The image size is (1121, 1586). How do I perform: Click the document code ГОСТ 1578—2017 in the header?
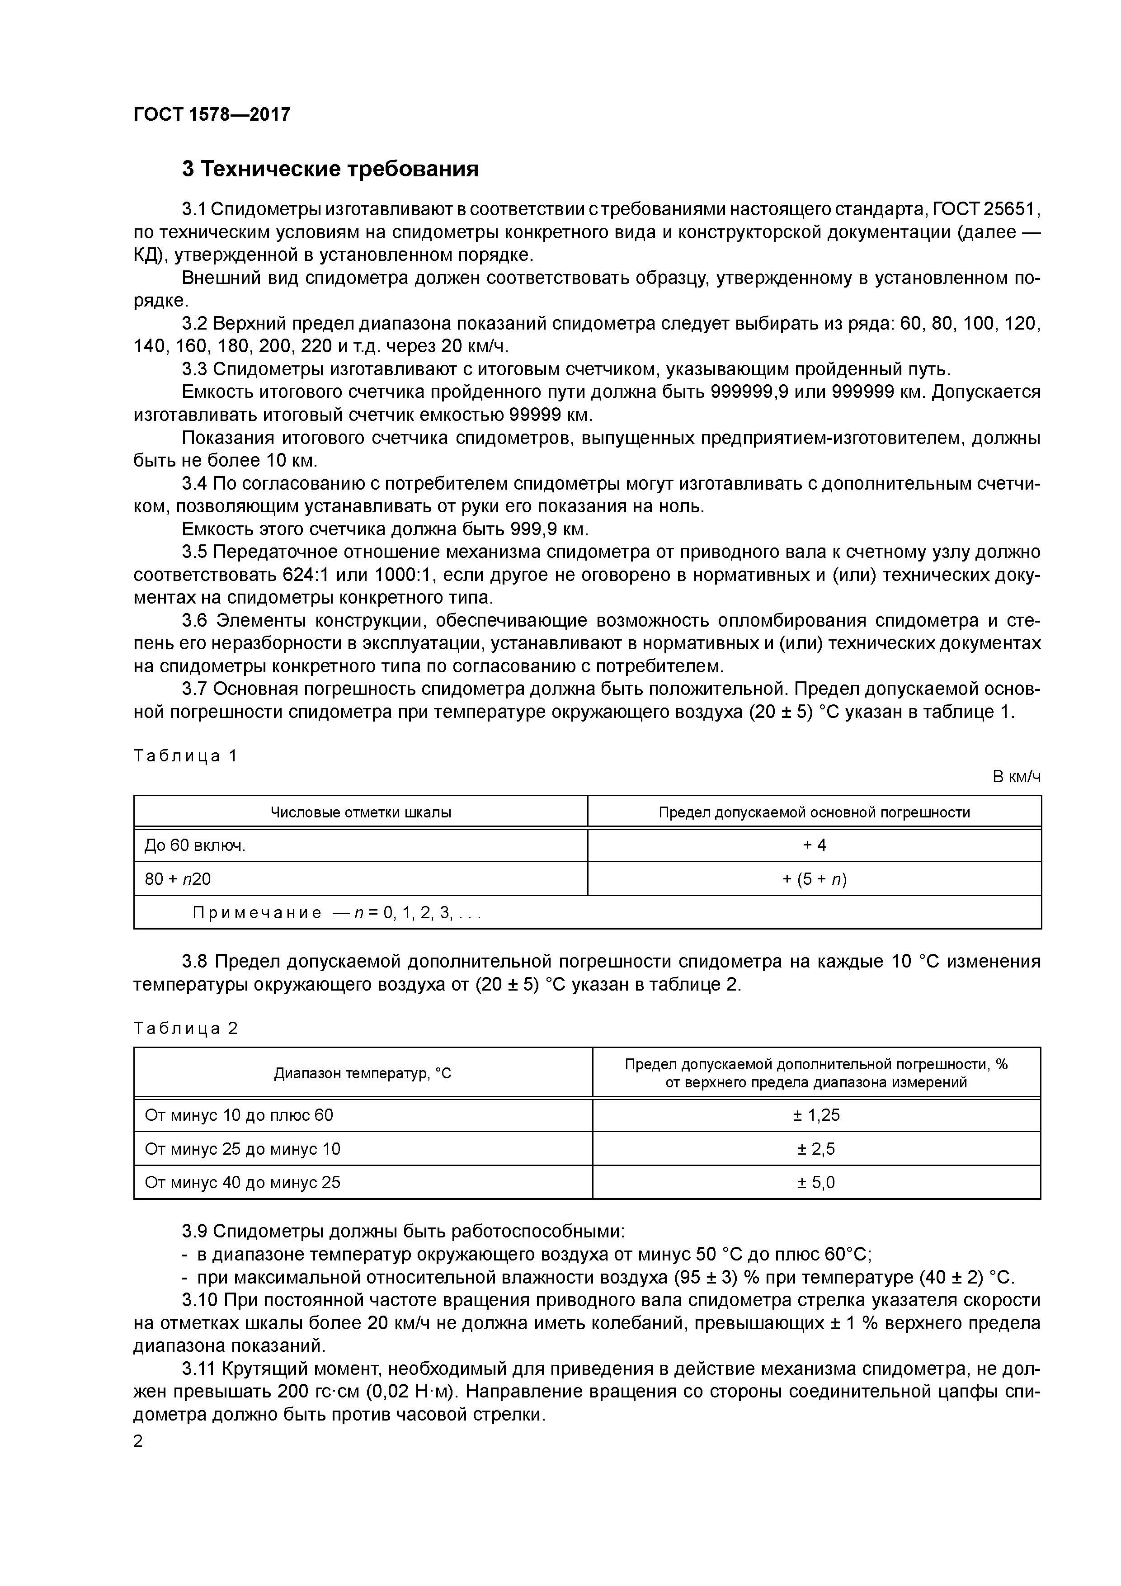[212, 115]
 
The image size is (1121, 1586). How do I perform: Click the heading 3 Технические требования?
[330, 169]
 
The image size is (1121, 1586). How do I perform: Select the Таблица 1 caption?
[185, 755]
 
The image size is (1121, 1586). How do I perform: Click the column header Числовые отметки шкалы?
[361, 812]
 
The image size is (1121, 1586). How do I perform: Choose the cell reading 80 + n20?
[178, 878]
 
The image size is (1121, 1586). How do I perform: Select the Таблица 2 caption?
[185, 1029]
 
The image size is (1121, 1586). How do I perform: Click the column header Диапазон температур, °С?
[363, 1073]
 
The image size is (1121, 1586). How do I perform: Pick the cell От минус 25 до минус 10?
[242, 1149]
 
